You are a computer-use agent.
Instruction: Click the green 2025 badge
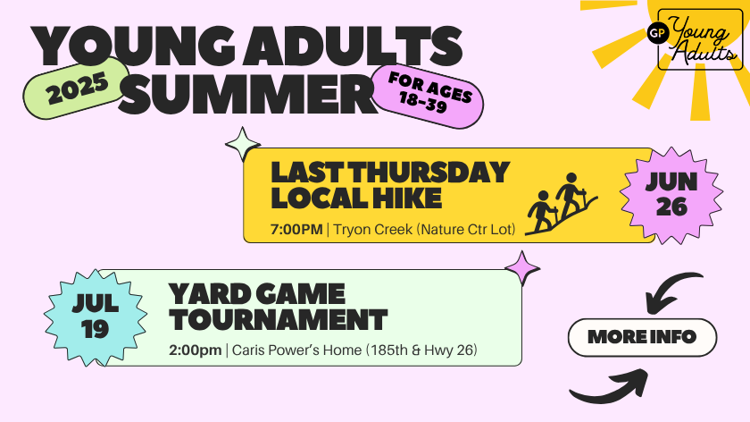[77, 89]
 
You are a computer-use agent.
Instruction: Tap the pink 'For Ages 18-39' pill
[428, 97]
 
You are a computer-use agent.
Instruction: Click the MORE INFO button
[642, 337]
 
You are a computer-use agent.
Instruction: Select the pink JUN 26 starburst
[671, 195]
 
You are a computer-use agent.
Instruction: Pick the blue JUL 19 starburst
[96, 317]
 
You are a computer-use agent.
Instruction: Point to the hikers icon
[561, 204]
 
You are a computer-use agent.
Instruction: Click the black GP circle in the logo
[658, 33]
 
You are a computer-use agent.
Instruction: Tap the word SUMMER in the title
[247, 94]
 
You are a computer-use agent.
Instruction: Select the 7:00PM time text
[296, 230]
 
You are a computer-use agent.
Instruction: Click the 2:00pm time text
[196, 350]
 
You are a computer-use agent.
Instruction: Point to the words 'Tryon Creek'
[373, 230]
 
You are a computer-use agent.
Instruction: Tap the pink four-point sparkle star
[522, 268]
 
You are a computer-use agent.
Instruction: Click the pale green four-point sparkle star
[243, 144]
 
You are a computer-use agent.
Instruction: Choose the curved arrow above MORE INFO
[671, 291]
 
